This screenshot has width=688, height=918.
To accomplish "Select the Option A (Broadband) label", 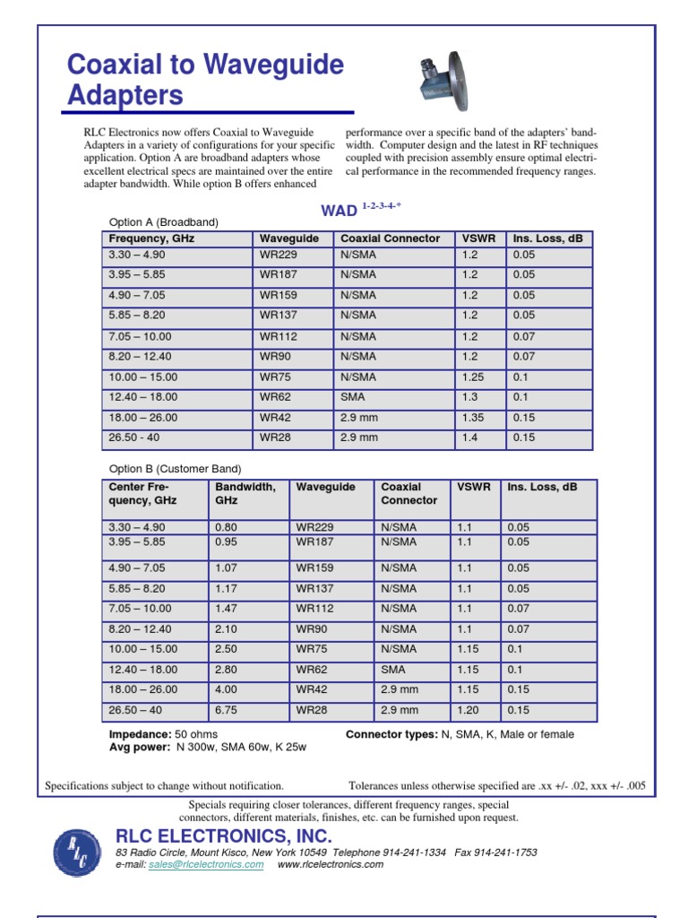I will [x=163, y=221].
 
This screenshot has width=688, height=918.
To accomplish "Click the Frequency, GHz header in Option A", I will [x=151, y=238].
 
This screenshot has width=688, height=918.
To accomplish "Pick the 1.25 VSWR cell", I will [x=473, y=377].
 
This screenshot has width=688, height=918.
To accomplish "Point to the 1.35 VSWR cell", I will [x=473, y=418].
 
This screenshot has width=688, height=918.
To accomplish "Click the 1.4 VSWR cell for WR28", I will [x=469, y=437].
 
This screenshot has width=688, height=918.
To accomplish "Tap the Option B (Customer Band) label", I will [x=175, y=469].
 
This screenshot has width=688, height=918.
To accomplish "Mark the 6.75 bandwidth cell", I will [x=228, y=710].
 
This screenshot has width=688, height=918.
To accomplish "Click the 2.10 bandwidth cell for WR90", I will [x=228, y=629].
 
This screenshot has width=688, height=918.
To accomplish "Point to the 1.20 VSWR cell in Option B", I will [x=469, y=710].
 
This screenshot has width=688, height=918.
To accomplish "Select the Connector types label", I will [x=391, y=734].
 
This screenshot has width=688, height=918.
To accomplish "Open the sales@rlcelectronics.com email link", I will [x=206, y=865].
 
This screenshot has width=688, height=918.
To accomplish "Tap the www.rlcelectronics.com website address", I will [x=330, y=865].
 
